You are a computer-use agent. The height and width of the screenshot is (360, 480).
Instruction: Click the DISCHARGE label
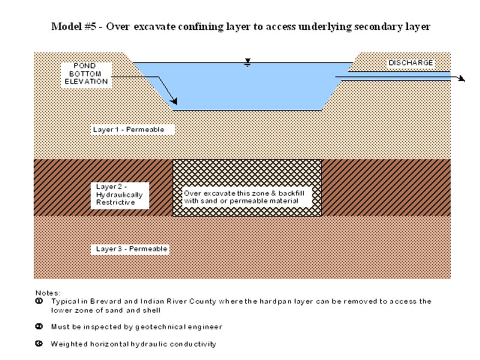410,62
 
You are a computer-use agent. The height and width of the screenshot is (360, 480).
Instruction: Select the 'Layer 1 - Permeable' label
128,130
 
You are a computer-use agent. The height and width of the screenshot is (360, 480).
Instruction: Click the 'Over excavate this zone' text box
246,197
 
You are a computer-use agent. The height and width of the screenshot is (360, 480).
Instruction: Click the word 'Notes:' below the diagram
48,293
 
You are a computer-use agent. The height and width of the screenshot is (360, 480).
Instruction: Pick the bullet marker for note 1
39,301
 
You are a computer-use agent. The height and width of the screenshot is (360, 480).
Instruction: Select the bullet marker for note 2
39,326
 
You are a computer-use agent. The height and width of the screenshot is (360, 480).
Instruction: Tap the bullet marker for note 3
39,344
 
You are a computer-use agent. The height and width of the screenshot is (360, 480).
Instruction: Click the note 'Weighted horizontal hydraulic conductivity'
133,344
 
